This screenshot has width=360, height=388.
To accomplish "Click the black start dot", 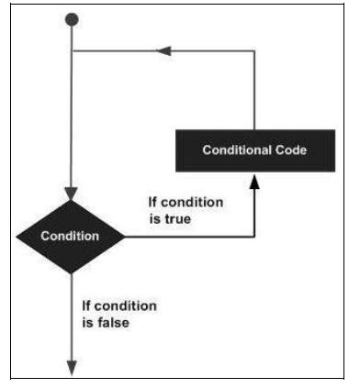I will point(73,19).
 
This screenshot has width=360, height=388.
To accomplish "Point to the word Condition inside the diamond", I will point(71,237).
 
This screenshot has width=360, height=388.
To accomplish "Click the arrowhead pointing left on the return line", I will point(165,51).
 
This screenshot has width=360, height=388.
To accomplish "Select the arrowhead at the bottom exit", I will point(73,367).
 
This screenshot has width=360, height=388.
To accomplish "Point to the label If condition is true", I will point(184,212).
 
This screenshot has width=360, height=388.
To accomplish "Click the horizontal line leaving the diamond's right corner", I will point(184,237).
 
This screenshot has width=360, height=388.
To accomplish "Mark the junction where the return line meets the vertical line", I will point(73,51).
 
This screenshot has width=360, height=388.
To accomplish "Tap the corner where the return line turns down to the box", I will point(254,51).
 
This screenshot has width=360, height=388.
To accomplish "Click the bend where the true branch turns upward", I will point(254,237).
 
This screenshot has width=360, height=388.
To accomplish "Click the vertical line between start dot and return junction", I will point(73,37).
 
